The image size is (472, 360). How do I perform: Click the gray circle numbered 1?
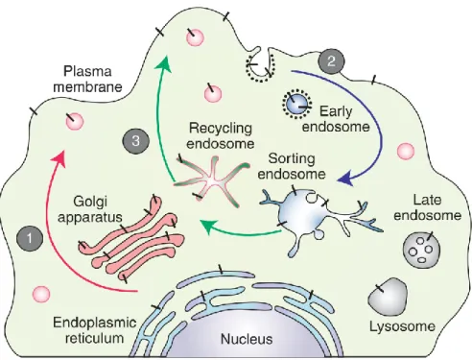(30, 238)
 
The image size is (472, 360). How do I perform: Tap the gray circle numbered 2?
(331, 61)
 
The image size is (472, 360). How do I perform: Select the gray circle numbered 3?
(135, 141)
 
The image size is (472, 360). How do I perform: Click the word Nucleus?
(247, 339)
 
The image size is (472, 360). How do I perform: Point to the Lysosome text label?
(402, 326)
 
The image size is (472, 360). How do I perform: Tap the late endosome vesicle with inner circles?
(421, 251)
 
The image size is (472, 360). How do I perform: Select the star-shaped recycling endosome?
(213, 181)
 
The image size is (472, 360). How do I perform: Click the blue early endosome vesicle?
(296, 104)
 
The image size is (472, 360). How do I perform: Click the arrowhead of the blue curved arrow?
(346, 180)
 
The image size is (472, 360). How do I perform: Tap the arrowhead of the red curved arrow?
(60, 157)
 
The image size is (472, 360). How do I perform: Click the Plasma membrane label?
(87, 79)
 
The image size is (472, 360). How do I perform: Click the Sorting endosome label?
(292, 166)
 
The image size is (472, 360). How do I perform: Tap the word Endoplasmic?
(95, 323)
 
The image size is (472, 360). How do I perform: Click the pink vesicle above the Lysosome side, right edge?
(406, 151)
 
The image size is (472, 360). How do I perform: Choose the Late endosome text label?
(428, 207)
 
